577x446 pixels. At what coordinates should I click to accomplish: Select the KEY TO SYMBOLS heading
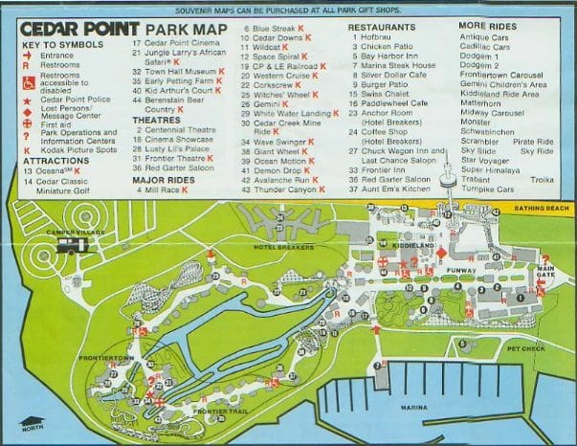click(56, 46)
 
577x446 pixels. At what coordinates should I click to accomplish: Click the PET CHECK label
click(525, 349)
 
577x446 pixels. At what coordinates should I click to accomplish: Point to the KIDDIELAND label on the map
click(410, 246)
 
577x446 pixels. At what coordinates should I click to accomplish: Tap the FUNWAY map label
click(460, 272)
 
